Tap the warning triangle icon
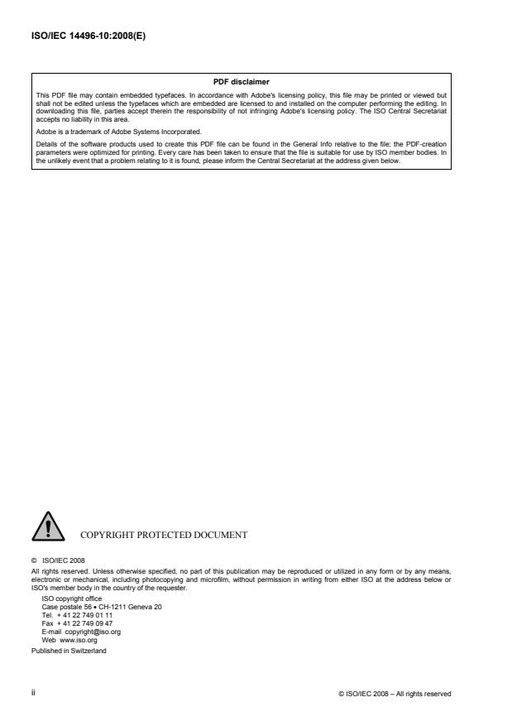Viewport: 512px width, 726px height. coord(49,527)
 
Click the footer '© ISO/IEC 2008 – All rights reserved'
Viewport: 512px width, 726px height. coord(395,692)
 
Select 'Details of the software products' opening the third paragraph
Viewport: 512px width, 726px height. coord(89,143)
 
